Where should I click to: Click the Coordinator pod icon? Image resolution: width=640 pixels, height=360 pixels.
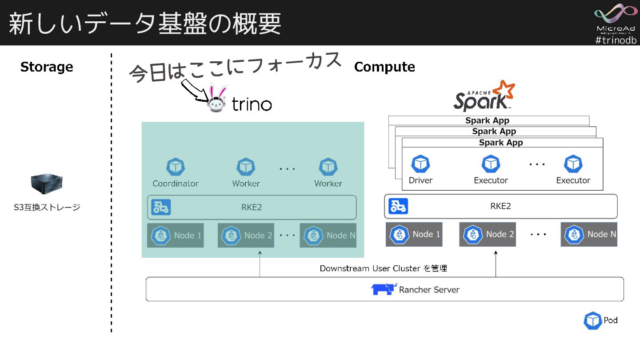(175, 168)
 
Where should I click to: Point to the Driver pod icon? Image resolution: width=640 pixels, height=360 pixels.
(420, 164)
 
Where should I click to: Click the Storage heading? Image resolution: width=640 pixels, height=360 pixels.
(47, 67)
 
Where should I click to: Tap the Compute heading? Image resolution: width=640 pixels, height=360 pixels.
(384, 67)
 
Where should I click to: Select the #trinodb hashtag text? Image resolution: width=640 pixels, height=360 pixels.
(616, 40)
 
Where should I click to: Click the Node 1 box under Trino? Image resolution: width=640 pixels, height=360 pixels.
(176, 235)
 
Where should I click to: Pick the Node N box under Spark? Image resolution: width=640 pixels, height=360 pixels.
(589, 234)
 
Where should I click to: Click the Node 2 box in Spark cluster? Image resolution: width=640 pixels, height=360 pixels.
(487, 234)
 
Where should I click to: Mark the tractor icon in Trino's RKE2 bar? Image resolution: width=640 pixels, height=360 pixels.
(160, 207)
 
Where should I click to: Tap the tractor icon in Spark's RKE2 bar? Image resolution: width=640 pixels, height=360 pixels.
(398, 206)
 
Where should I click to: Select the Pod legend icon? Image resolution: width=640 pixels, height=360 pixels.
(592, 320)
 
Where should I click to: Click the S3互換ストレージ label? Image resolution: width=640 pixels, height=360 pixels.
(47, 207)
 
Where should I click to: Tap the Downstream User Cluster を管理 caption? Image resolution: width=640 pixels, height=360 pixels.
(383, 268)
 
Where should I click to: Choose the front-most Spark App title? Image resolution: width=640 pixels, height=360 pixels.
(501, 143)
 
